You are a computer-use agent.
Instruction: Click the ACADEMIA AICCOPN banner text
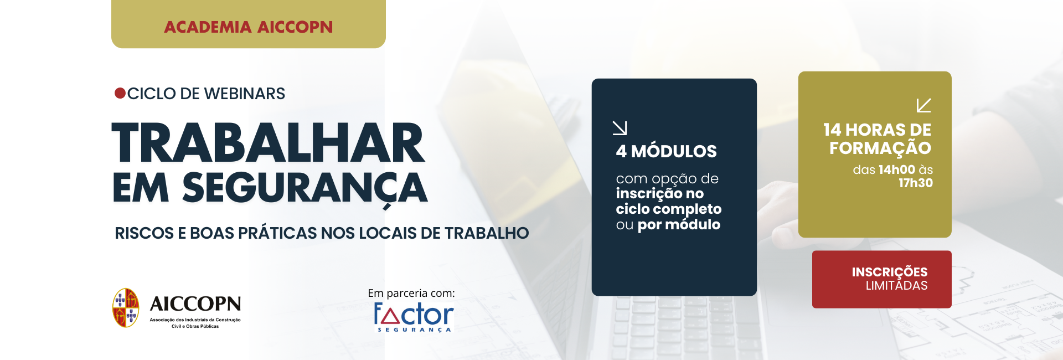click(x=249, y=27)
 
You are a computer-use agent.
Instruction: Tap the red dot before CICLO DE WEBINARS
click(x=120, y=93)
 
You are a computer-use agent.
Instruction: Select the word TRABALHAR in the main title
click(x=268, y=143)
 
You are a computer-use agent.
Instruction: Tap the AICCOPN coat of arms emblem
click(x=126, y=307)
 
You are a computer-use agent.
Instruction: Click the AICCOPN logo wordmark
click(x=195, y=304)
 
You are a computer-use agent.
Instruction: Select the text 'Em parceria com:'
click(x=411, y=293)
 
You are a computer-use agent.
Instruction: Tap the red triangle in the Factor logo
click(x=391, y=316)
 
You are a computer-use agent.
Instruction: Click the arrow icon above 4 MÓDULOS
click(x=620, y=128)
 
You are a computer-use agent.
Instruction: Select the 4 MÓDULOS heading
click(x=666, y=151)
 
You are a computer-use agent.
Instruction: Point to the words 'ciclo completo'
click(x=669, y=209)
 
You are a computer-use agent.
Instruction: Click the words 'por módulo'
click(x=679, y=224)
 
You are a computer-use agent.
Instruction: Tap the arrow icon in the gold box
click(x=923, y=105)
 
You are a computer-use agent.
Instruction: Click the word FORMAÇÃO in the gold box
click(x=880, y=148)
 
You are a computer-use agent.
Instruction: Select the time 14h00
click(x=896, y=169)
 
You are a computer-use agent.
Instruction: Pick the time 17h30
click(x=915, y=183)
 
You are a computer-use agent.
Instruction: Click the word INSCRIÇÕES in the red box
click(x=889, y=272)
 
